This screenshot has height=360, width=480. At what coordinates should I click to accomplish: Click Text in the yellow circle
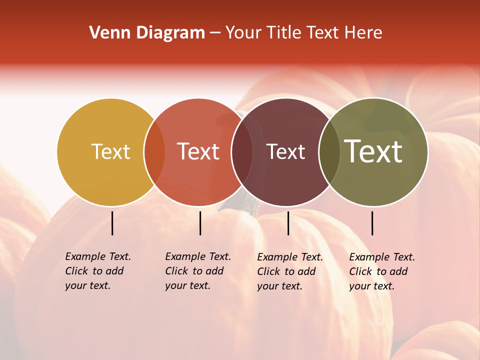click(x=110, y=152)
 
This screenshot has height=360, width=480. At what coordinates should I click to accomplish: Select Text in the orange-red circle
click(x=198, y=152)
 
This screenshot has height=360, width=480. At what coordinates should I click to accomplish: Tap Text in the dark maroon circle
click(x=285, y=152)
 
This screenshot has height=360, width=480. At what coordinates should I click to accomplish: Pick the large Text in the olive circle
click(x=373, y=152)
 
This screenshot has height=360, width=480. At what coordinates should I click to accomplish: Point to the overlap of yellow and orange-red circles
click(x=154, y=152)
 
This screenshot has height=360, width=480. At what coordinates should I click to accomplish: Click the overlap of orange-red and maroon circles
click(x=242, y=152)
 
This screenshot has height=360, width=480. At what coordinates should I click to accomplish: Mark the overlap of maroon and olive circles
click(x=329, y=152)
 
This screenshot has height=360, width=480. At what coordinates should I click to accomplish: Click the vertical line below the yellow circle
click(x=112, y=223)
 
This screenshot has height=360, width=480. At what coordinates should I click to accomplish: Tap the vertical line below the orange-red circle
click(x=200, y=223)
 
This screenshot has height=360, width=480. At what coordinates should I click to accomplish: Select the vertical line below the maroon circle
click(x=288, y=223)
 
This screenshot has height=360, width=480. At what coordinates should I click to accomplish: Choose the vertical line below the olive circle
click(x=372, y=223)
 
